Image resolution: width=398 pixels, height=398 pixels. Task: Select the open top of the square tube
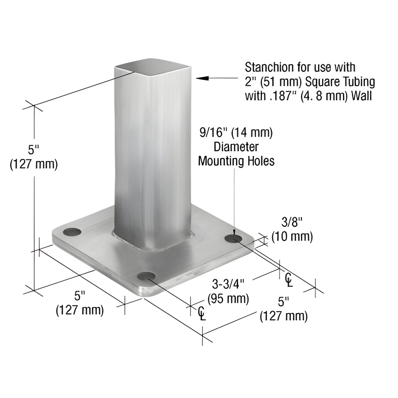pos(153,67)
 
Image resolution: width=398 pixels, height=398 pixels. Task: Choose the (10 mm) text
pos(292,237)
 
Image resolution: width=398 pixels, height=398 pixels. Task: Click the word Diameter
pos(236,147)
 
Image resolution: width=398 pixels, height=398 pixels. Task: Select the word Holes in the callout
pos(260,161)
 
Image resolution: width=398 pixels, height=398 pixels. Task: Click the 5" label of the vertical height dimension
pos(34,150)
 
